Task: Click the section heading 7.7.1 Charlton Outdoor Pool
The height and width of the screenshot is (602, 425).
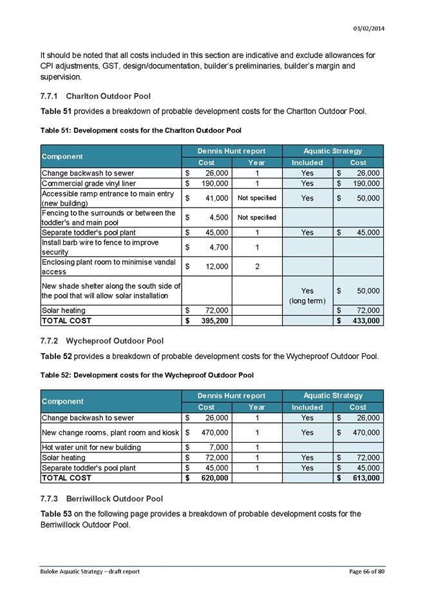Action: tap(95, 96)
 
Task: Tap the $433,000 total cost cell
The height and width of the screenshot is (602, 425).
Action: tap(357, 320)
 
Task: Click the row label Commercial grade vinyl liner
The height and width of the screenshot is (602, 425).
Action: tap(89, 183)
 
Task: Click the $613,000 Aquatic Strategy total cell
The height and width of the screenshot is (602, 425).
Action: tap(357, 478)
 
